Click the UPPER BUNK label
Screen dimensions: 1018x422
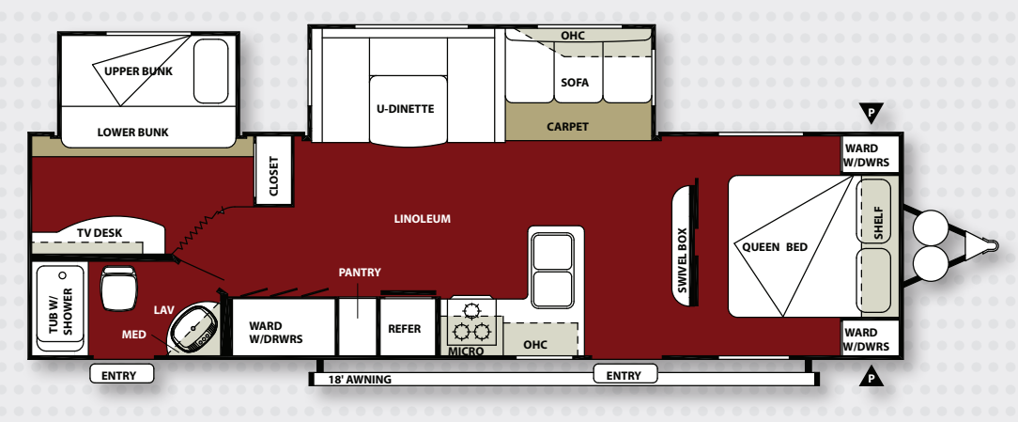pos(138,70)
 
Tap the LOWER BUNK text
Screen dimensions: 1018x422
pos(132,132)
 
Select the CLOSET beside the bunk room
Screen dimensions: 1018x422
pos(273,170)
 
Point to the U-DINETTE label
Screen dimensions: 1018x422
pos(405,109)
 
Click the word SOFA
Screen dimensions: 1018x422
pos(575,83)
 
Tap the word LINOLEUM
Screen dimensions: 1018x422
pos(422,218)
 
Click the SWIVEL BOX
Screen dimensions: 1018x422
pos(684,246)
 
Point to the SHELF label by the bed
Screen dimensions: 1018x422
pos(878,223)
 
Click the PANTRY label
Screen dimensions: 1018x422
pos(360,273)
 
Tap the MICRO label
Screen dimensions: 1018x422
pos(466,352)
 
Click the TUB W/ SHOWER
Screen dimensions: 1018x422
pos(60,307)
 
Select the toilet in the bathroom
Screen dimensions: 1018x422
pos(119,288)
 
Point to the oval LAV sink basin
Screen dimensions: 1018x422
pos(194,328)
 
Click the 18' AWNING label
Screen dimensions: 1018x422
pos(360,379)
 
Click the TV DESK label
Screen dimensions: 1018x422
pos(100,233)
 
